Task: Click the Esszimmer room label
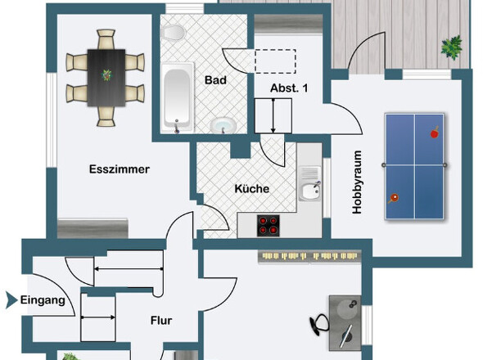click(119, 170)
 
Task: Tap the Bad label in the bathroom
click(215, 81)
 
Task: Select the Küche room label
click(251, 189)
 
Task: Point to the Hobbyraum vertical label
click(357, 182)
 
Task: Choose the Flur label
click(160, 321)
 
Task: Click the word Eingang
click(43, 301)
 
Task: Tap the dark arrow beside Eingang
click(10, 301)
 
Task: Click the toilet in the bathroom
click(174, 32)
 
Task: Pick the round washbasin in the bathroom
click(223, 125)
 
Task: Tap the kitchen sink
click(309, 191)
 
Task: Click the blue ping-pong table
click(415, 165)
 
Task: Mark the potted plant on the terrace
click(451, 47)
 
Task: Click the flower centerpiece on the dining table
click(106, 75)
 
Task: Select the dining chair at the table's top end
click(106, 38)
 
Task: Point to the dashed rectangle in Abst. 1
click(275, 61)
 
